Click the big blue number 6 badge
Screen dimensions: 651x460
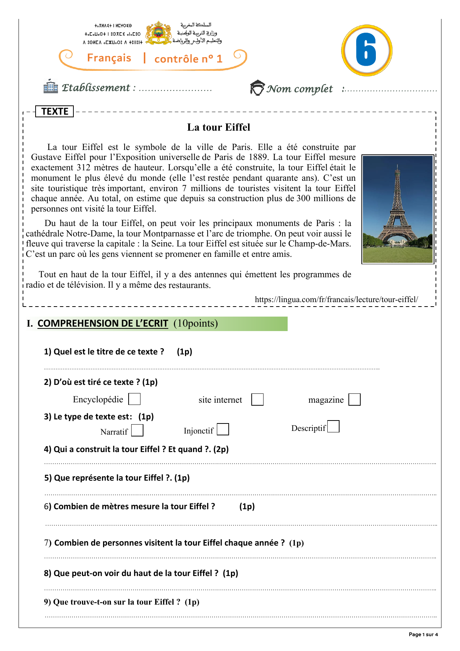[x=366, y=50]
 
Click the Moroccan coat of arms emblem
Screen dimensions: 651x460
[x=158, y=33]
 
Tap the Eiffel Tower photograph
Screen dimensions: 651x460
[x=398, y=209]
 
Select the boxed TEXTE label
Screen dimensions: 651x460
[x=54, y=111]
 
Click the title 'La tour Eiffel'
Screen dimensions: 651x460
[x=219, y=127]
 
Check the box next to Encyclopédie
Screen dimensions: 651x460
[x=134, y=399]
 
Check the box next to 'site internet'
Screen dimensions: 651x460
[x=257, y=400]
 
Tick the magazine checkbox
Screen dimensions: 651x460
[x=354, y=400]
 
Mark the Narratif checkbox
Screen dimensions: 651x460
[x=137, y=431]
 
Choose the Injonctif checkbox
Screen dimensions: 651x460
[x=223, y=429]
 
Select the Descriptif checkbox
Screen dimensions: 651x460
[x=333, y=426]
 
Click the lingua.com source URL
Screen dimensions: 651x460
[x=336, y=300]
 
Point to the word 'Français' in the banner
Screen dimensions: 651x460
[x=109, y=58]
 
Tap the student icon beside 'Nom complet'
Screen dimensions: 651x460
[x=257, y=88]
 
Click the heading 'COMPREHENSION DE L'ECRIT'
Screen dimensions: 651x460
[x=103, y=323]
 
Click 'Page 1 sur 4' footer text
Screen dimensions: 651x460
[x=423, y=634]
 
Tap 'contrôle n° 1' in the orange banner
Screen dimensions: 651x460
[x=188, y=59]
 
